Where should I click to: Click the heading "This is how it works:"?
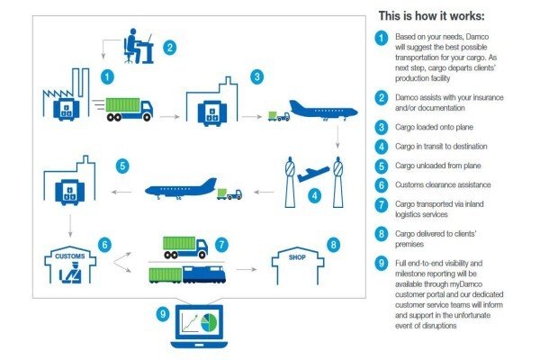(431, 16)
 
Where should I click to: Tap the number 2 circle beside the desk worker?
(169, 48)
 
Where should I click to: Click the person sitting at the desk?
(133, 46)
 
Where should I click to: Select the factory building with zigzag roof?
(66, 94)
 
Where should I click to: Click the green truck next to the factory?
(129, 110)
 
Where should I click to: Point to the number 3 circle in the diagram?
(256, 76)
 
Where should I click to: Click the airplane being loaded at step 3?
(324, 110)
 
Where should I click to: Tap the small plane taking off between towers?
(313, 174)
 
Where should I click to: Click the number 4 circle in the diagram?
(314, 196)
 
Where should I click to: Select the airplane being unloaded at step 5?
(181, 189)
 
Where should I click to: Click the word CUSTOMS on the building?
(70, 256)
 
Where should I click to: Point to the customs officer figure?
(71, 273)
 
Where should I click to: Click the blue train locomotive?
(204, 274)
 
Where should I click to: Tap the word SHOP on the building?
(297, 257)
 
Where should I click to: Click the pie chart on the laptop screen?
(209, 323)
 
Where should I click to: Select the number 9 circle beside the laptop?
(163, 314)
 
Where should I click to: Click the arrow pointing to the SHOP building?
(247, 269)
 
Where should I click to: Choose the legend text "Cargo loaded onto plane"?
(434, 127)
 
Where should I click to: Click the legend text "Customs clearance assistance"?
(443, 184)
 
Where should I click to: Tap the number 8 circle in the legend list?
(382, 234)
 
